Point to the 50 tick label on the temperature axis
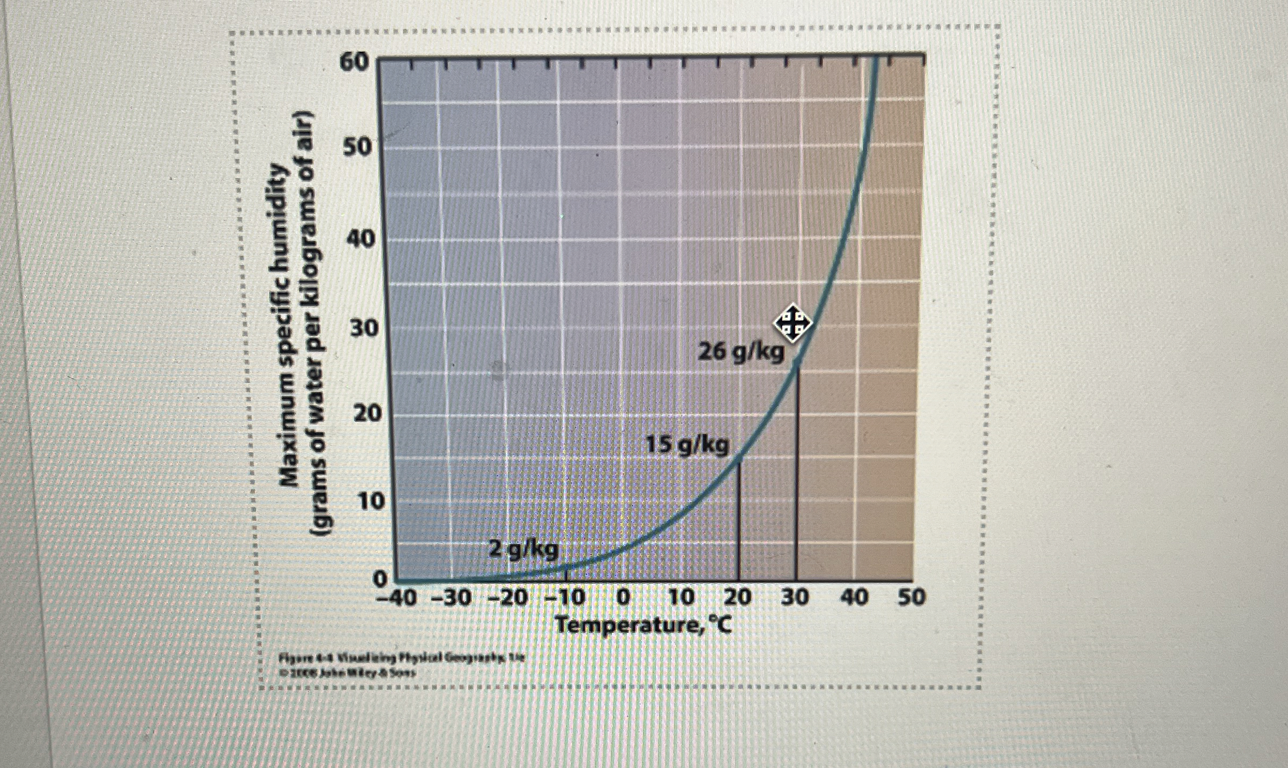(x=911, y=596)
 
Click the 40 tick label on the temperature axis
(x=854, y=596)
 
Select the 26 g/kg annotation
(x=741, y=352)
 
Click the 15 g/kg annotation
(x=687, y=445)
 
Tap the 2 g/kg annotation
(x=523, y=550)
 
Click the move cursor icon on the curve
(x=792, y=323)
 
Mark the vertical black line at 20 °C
(x=739, y=520)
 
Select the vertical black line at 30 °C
(x=796, y=472)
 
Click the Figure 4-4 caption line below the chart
(x=401, y=657)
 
